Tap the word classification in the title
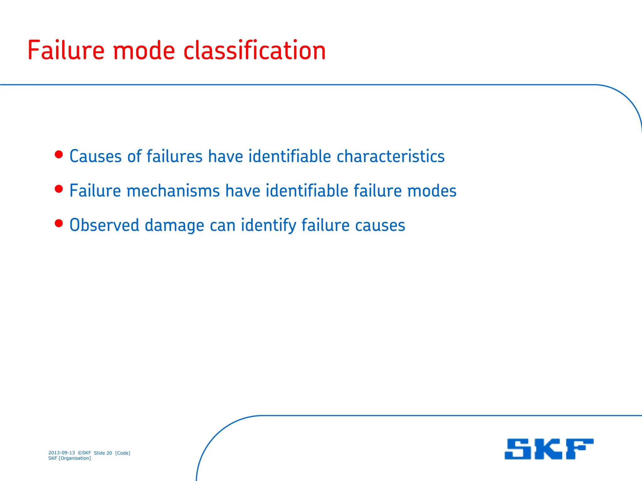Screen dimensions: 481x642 click(254, 50)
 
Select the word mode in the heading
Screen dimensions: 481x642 click(144, 51)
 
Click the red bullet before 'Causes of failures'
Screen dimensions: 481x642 click(59, 154)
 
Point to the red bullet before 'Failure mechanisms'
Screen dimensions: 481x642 click(59, 189)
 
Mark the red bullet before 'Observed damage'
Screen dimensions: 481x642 click(59, 223)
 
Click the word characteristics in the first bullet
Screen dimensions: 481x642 click(390, 156)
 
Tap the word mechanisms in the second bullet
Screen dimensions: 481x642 click(173, 191)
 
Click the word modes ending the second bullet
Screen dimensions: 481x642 click(432, 191)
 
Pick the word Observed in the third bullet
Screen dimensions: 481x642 click(104, 225)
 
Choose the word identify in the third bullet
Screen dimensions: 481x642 click(268, 226)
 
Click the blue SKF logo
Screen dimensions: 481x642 click(549, 449)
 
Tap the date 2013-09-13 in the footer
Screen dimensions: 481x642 click(61, 453)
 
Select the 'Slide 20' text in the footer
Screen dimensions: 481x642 click(103, 453)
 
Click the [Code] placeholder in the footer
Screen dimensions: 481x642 click(123, 453)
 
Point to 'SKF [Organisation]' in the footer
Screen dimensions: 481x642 click(70, 458)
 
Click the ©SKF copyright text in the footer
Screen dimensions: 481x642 click(84, 453)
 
